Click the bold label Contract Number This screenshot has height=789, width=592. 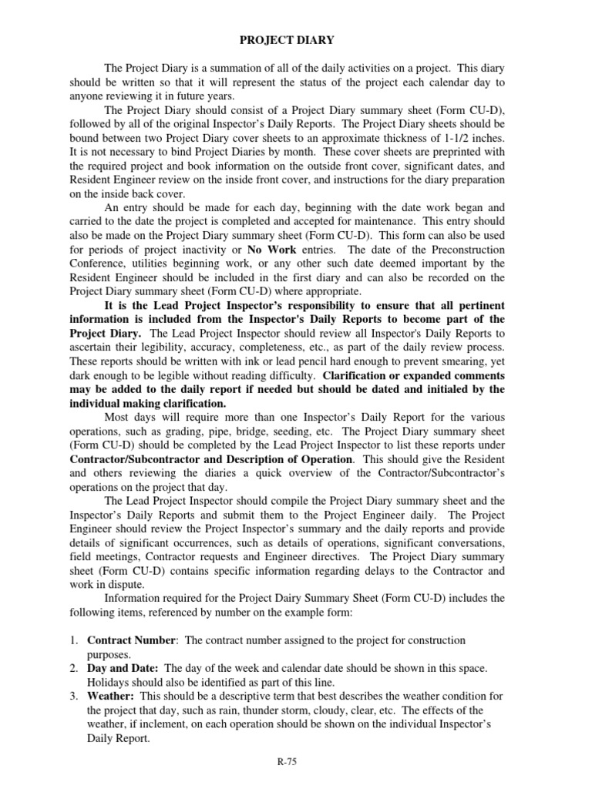(131, 641)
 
